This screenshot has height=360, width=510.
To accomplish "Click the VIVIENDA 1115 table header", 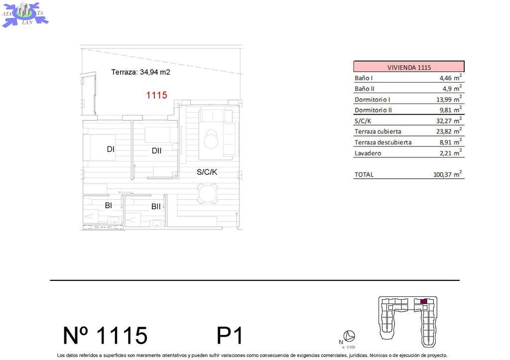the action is pos(409,67).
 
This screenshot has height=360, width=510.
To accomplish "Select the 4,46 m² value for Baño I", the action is pos(450,78).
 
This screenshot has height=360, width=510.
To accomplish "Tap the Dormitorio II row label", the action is pos(373,110).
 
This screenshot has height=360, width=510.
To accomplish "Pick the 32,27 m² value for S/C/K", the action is pos(449,120).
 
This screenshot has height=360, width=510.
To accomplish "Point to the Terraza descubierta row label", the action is pos(383,142).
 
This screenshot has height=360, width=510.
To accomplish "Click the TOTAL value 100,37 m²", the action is pos(448,174).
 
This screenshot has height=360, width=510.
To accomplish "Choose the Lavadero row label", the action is pos(368,153).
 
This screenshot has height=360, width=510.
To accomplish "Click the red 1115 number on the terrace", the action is pos(156,95).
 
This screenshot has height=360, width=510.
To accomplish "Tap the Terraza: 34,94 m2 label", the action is pos(140,72).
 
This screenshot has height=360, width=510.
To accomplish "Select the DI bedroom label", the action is pos(111,149).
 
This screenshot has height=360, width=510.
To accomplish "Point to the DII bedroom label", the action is pos(156,150).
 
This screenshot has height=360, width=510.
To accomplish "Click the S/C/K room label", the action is pos(207,172).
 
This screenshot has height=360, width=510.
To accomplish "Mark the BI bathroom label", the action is pos(108,205).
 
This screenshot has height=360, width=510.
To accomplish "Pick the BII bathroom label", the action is pos(156,207).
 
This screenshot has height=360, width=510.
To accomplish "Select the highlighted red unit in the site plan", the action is pos(423,301).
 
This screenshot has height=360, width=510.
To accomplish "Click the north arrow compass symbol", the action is pos(349,336).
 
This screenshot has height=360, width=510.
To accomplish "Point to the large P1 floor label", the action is pos(230,335).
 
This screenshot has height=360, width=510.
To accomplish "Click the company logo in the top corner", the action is pos(25,14).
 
